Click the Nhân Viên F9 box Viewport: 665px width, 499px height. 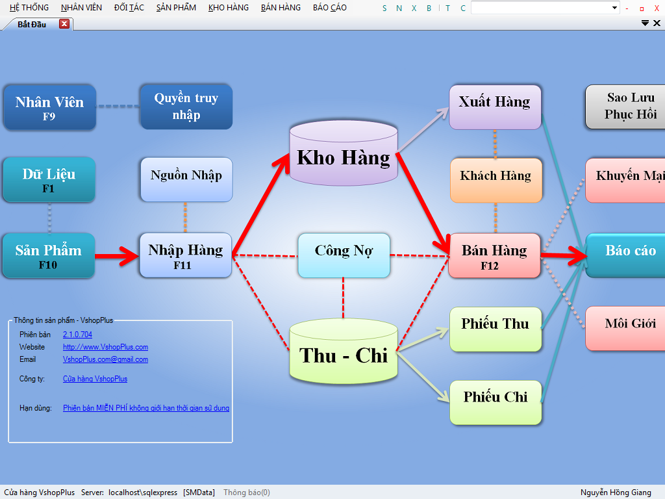tap(49, 107)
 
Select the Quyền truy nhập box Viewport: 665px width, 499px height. tap(186, 107)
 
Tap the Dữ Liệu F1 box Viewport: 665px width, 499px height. tap(49, 179)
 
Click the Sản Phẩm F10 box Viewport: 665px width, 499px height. tap(49, 255)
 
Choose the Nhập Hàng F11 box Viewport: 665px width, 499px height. tap(186, 255)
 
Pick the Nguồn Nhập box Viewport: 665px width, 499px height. tap(186, 179)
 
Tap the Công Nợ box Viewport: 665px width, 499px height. tap(344, 255)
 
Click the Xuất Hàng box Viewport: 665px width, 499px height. tap(495, 107)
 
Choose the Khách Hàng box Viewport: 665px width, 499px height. tap(496, 179)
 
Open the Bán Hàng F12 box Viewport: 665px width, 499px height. tap(494, 255)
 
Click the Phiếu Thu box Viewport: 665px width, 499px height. tap(496, 329)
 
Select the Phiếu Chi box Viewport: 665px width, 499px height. tap(496, 402)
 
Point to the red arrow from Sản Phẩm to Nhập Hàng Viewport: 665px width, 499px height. tap(118, 256)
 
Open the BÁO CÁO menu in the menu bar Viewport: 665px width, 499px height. tap(329, 8)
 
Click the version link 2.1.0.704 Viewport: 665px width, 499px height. tap(77, 335)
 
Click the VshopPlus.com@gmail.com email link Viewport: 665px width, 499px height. tap(105, 359)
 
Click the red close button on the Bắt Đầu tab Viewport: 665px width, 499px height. tap(64, 24)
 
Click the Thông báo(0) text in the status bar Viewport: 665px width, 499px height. tap(246, 493)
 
